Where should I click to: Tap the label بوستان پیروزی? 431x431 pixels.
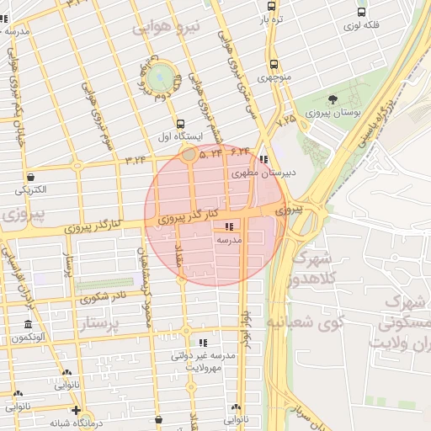(x=332, y=111)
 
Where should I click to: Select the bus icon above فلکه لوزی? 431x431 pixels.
(x=361, y=13)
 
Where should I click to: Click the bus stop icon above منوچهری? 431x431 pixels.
(x=273, y=65)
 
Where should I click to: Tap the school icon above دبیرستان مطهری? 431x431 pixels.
(x=263, y=159)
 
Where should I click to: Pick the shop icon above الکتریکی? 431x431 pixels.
(x=31, y=178)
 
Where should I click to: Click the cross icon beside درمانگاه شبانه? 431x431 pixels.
(x=77, y=412)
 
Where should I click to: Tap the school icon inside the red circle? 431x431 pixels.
(x=229, y=226)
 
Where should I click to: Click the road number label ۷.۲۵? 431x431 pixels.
(x=285, y=120)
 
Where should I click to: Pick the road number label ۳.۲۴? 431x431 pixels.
(x=136, y=157)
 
